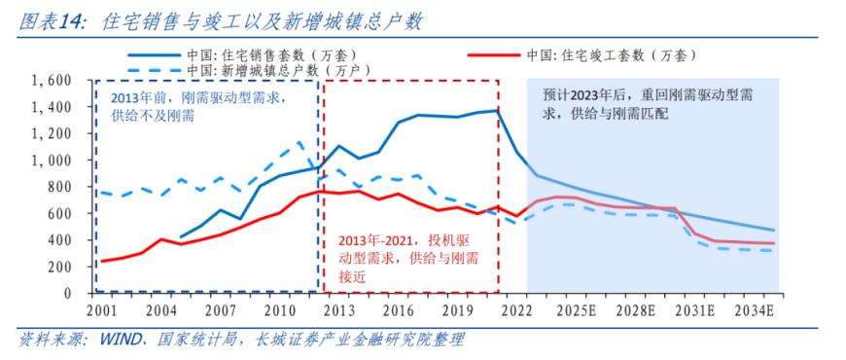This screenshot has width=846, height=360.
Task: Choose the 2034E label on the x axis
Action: [753, 310]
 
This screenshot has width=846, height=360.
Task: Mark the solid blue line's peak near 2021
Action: [497, 110]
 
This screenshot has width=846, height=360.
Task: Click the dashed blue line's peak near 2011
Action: [300, 143]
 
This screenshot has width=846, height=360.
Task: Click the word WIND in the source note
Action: [113, 340]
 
